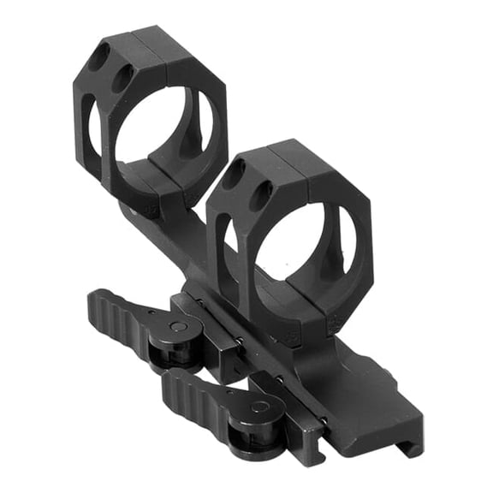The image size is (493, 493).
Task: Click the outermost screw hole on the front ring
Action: pyautogui.click(x=232, y=176)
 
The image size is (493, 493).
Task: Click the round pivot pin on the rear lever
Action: pyautogui.click(x=175, y=326)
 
